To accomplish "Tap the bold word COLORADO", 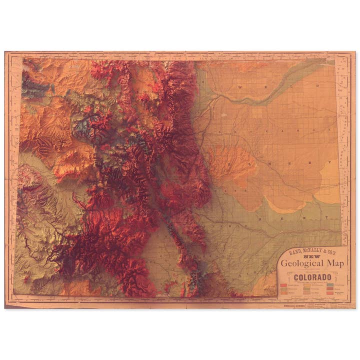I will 313,277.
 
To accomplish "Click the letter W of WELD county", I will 241,87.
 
